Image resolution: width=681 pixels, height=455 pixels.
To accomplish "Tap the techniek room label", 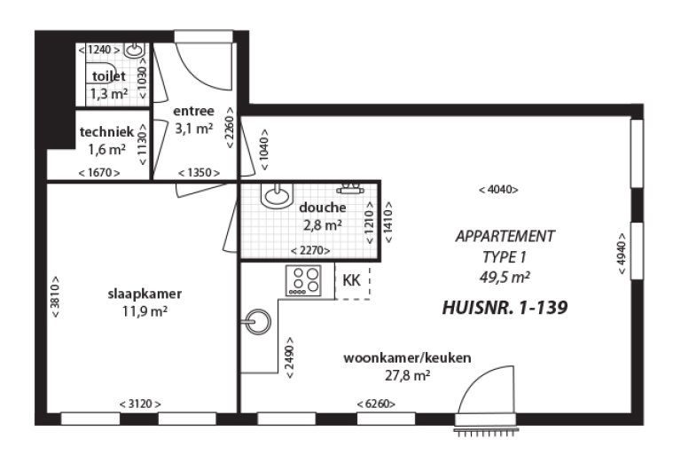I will [106, 131].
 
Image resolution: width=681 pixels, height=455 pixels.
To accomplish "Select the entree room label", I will [193, 111].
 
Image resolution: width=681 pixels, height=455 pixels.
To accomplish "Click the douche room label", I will [322, 208].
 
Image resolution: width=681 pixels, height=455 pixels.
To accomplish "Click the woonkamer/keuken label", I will [407, 357].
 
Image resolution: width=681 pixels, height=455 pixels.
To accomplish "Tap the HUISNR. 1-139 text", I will [504, 308].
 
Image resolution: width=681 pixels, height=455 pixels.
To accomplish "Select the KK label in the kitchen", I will [351, 280].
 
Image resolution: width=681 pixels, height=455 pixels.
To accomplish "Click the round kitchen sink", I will [257, 320].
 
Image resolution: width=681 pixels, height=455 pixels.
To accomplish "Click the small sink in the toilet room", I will [135, 50].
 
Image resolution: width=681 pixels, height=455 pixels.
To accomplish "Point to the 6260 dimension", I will [376, 404].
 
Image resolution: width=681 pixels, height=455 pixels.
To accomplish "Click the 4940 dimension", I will [622, 259].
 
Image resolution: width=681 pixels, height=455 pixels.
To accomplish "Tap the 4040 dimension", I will [497, 189].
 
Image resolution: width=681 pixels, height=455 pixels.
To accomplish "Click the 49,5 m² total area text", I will [504, 276].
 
